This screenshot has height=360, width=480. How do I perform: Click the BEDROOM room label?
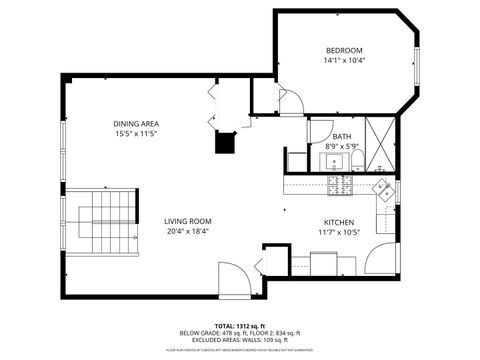coord(343,50)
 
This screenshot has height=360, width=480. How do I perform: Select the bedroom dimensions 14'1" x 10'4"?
coord(343,62)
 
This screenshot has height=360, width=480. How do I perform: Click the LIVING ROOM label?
coord(187,221)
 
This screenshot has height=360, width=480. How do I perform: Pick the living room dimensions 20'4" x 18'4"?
coord(187,232)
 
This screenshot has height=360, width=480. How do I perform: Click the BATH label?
coord(342,136)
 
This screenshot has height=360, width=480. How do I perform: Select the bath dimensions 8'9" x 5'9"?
coord(342,147)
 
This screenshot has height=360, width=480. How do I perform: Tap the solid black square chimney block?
coord(227,141)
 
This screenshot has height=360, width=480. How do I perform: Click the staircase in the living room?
coord(103,219)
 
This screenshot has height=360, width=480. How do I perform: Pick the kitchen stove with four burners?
coord(341,184)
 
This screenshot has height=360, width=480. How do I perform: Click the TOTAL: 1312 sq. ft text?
coord(240,326)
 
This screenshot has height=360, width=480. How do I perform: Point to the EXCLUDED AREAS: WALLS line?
coord(240,342)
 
